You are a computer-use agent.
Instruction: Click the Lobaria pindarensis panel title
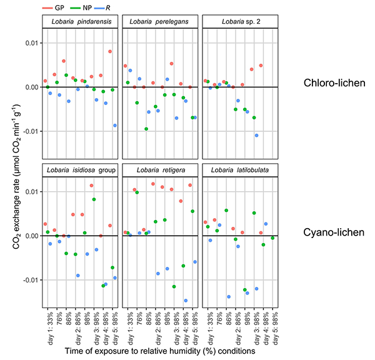[x=81, y=22]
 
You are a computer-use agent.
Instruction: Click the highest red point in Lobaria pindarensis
[x=110, y=51]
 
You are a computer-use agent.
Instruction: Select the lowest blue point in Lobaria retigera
[x=186, y=301]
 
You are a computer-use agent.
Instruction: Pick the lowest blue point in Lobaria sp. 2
[x=256, y=135]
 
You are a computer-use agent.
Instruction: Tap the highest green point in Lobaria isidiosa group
[x=94, y=199]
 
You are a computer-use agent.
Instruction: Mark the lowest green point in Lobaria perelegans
[x=146, y=129]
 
